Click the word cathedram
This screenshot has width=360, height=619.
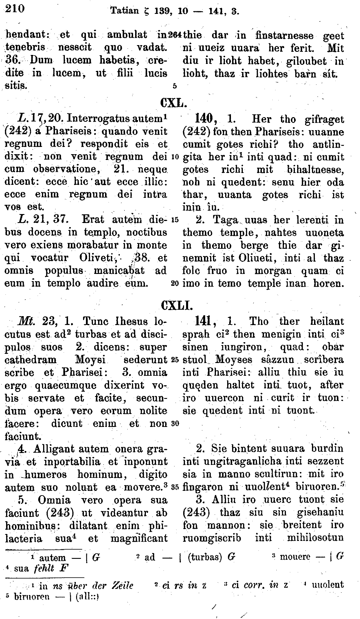click(x=31, y=360)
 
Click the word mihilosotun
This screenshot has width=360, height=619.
click(x=315, y=538)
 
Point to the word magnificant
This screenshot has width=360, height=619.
click(x=139, y=538)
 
